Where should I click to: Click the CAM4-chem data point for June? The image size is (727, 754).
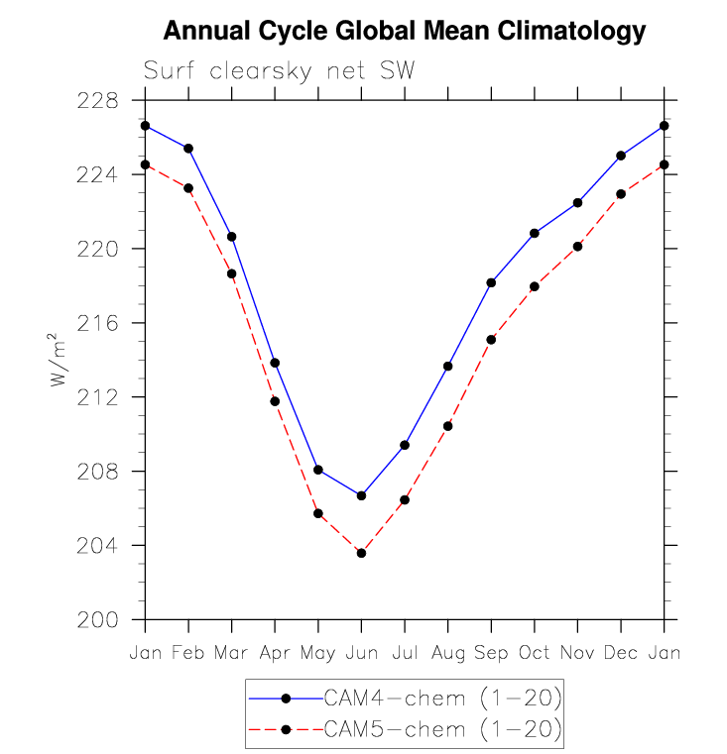(x=361, y=495)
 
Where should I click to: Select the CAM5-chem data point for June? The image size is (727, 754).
(x=361, y=553)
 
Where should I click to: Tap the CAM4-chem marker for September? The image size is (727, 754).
(x=491, y=282)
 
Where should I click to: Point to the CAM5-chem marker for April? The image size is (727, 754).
(x=275, y=401)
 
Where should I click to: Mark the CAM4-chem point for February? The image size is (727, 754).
(x=188, y=149)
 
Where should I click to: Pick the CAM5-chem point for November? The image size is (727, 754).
(x=577, y=246)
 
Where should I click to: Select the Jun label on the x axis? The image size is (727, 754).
(x=361, y=654)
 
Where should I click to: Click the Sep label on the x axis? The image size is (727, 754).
(x=491, y=654)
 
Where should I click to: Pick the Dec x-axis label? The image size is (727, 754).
(x=621, y=654)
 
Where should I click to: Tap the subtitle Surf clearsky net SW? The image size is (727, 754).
(x=279, y=71)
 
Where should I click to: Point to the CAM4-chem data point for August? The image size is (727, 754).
(x=448, y=367)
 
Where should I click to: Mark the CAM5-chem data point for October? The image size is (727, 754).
(x=535, y=286)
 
